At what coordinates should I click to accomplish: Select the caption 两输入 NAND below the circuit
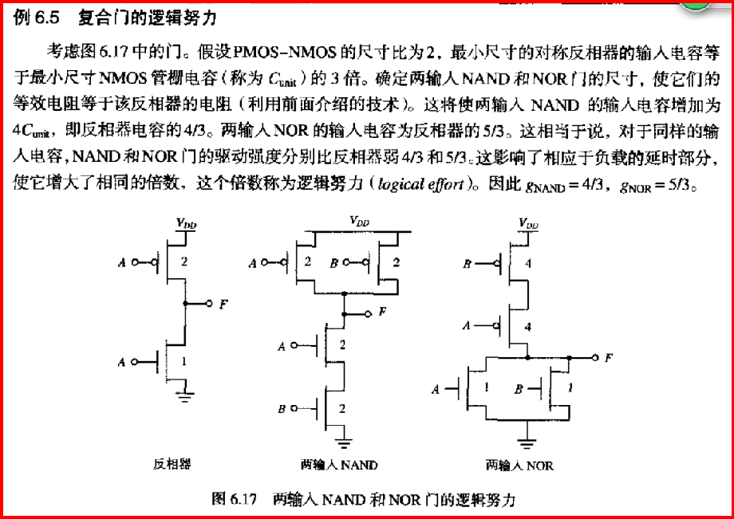pyautogui.click(x=339, y=464)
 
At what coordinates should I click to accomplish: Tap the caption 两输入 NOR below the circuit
pyautogui.click(x=520, y=465)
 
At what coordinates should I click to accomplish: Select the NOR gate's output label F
pyautogui.click(x=609, y=358)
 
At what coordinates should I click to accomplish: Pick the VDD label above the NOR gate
pyautogui.click(x=528, y=223)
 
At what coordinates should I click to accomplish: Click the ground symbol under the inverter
pyautogui.click(x=185, y=396)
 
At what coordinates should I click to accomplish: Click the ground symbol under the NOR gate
pyautogui.click(x=527, y=439)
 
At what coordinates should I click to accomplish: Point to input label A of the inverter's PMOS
pyautogui.click(x=121, y=262)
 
